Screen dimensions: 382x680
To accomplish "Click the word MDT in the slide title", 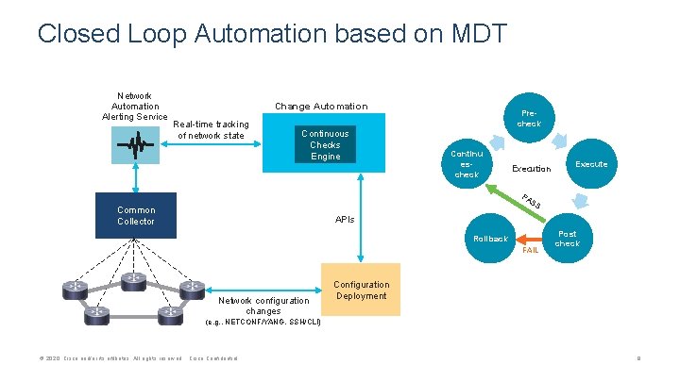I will pos(472,35).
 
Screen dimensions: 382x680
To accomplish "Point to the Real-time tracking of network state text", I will pos(212,129).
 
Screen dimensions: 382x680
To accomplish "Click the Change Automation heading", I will pos(320,107).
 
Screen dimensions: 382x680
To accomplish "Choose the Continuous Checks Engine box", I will pos(324,144).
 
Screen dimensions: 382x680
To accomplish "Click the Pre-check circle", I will pos(529,117).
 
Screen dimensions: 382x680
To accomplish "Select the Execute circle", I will pos(591,164).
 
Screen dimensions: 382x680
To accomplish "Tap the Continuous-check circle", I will pos(467,163).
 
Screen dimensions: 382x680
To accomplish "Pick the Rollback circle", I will pos(491,239).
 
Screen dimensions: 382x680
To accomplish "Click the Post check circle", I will pos(567,239).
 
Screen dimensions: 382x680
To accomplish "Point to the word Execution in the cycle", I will pos(531,169).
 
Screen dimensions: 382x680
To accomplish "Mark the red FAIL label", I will pos(530,251).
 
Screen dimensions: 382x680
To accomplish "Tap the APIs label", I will pos(345,219).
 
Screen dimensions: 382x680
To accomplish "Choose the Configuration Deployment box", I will pos(362,291).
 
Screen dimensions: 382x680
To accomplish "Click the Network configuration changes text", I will pos(263,306).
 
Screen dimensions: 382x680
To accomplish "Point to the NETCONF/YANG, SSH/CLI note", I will pos(263,323).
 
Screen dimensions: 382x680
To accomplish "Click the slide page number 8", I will pos(639,359).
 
